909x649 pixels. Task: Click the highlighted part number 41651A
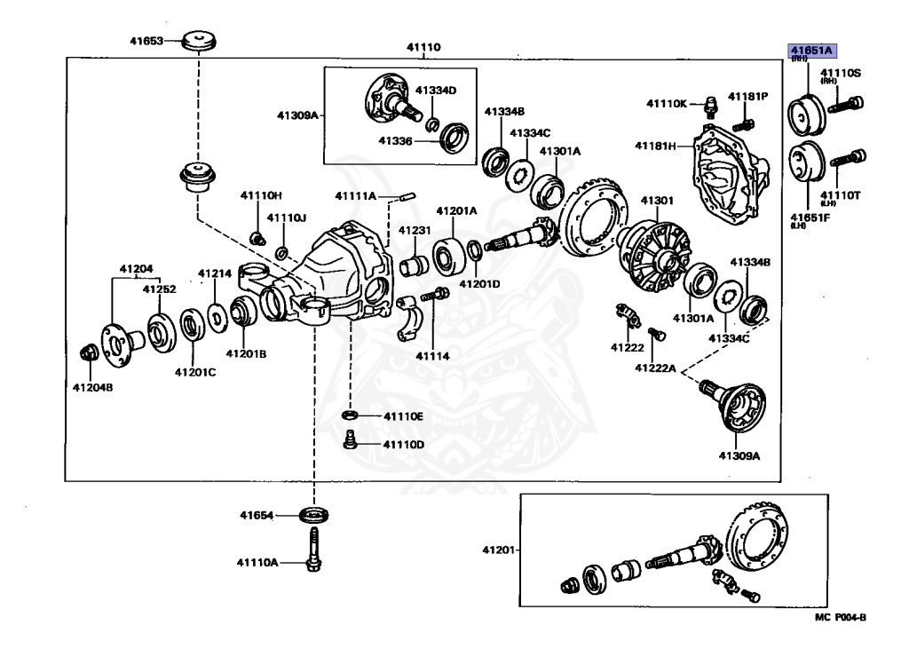tap(811, 51)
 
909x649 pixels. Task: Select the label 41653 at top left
tap(146, 41)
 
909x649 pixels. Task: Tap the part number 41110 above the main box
tap(423, 47)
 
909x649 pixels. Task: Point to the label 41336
tap(395, 140)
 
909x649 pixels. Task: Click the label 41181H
tap(655, 146)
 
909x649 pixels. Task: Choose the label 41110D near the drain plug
tap(404, 444)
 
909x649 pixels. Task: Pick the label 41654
tap(257, 515)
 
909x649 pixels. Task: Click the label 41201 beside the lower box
tap(498, 550)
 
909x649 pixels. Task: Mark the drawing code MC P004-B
tap(840, 617)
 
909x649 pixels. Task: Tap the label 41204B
tap(92, 387)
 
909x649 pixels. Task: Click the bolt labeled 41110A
tap(313, 549)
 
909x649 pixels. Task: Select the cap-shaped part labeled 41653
tap(199, 41)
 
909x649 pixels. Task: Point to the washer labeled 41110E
tap(349, 416)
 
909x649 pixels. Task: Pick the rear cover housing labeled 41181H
tap(731, 174)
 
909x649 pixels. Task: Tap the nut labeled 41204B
tap(90, 352)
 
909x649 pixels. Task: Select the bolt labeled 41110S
tap(846, 105)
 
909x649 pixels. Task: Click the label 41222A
tap(655, 368)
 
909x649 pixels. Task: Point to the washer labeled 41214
tap(217, 318)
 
